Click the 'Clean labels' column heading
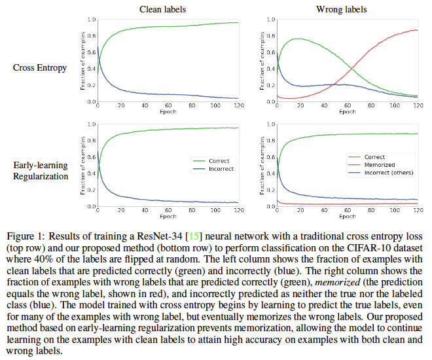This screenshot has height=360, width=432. coord(162,9)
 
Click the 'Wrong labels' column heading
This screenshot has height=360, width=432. coord(342,9)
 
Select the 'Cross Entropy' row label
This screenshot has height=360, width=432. coord(40,68)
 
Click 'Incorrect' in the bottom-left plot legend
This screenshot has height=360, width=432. coord(221,169)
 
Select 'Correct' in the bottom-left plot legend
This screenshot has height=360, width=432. coord(218,160)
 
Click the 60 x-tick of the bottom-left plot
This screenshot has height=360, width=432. coord(168,211)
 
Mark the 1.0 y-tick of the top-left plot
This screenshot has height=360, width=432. coord(92,20)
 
